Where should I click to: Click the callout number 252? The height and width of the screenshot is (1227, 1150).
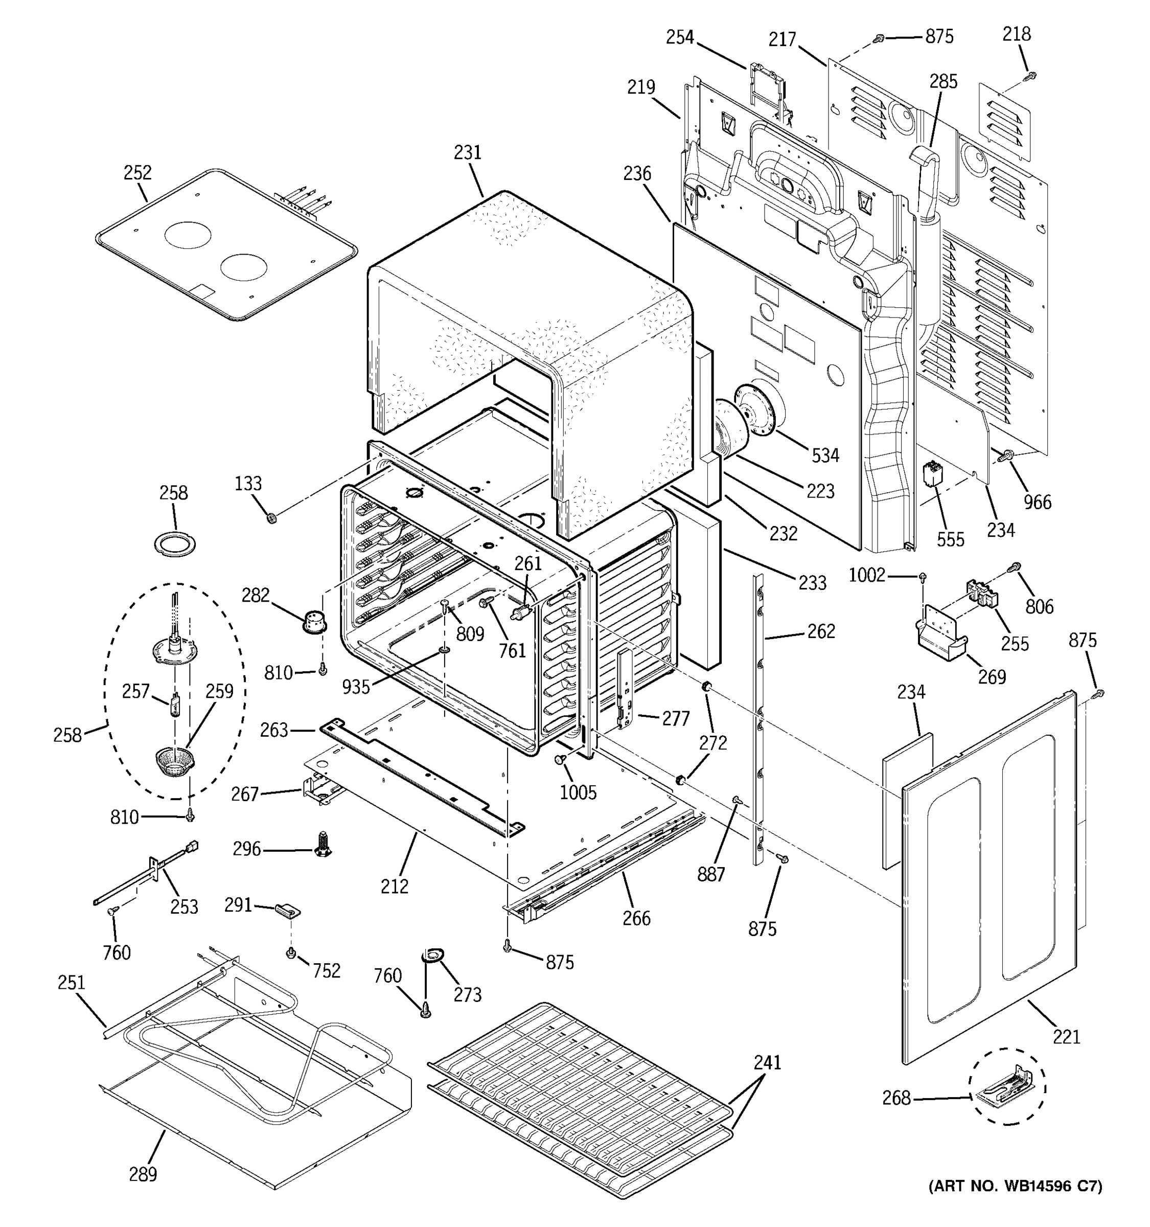pyautogui.click(x=137, y=172)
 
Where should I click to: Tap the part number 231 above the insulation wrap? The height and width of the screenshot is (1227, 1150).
pyautogui.click(x=467, y=152)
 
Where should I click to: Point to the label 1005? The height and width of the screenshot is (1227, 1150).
pyautogui.click(x=578, y=792)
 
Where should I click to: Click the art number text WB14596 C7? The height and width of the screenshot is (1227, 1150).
pyautogui.click(x=1015, y=1186)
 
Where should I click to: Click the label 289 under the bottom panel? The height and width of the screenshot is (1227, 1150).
pyautogui.click(x=143, y=1173)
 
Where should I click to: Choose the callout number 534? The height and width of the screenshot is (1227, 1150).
pyautogui.click(x=825, y=456)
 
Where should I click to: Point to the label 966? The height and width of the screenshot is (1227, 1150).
pyautogui.click(x=1037, y=502)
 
